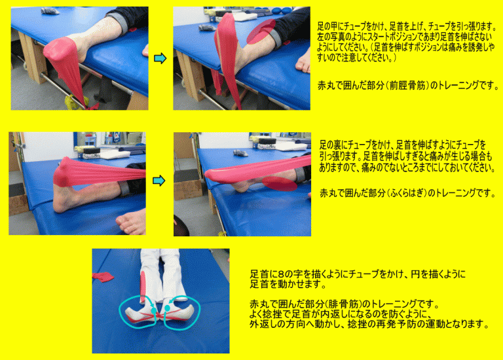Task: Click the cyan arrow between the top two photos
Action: pyautogui.click(x=160, y=58)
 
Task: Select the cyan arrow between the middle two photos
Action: pyautogui.click(x=158, y=181)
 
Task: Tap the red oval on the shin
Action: pyautogui.click(x=261, y=31)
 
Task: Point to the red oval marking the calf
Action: pyautogui.click(x=280, y=184)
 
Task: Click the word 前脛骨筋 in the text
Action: pyautogui.click(x=407, y=86)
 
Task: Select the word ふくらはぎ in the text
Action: pyautogui.click(x=407, y=193)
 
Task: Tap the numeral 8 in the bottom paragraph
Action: pyautogui.click(x=281, y=274)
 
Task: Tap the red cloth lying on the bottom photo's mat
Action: pyautogui.click(x=103, y=277)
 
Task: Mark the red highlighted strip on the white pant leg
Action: pyautogui.click(x=143, y=287)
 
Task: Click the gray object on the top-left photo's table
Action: pyautogui.click(x=50, y=11)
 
